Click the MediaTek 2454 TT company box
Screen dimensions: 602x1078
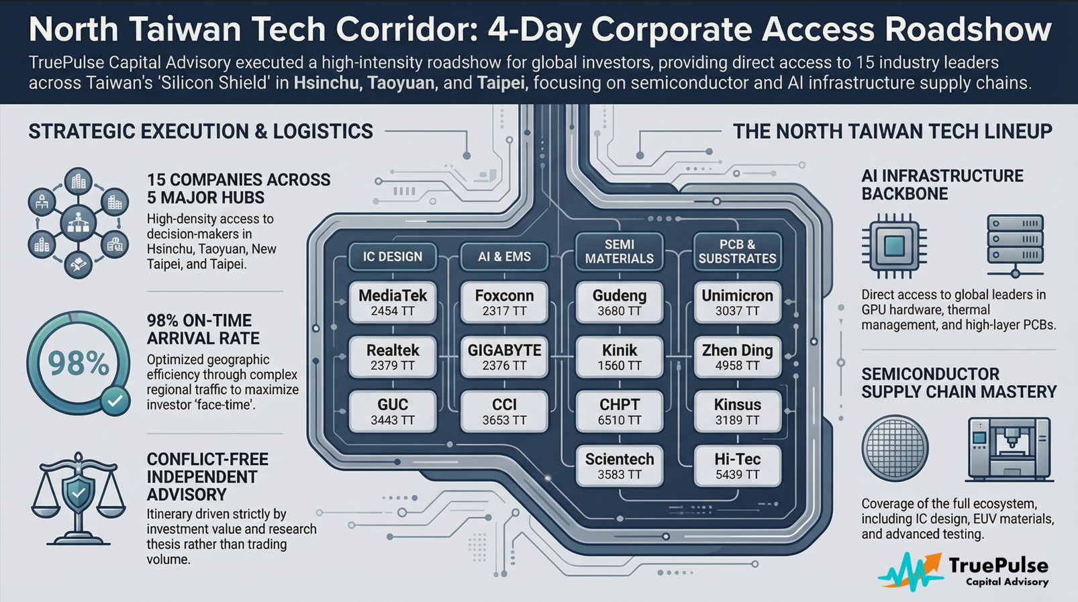[393, 303]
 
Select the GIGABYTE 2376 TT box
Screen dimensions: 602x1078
[504, 357]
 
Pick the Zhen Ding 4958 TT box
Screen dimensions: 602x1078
[737, 357]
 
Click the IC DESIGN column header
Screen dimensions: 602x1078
[393, 257]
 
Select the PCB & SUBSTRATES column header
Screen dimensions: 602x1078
[737, 252]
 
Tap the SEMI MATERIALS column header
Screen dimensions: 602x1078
[619, 252]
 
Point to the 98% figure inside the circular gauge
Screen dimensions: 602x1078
[78, 364]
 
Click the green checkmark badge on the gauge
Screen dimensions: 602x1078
[115, 401]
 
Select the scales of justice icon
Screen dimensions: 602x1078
[78, 498]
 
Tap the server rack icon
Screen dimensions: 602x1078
[1015, 246]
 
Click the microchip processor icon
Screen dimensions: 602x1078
[894, 246]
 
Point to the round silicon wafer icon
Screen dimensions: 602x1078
[895, 448]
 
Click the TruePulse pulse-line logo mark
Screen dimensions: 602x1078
[911, 571]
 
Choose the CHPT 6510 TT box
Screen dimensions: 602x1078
[619, 411]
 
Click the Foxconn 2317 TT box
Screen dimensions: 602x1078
[504, 303]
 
